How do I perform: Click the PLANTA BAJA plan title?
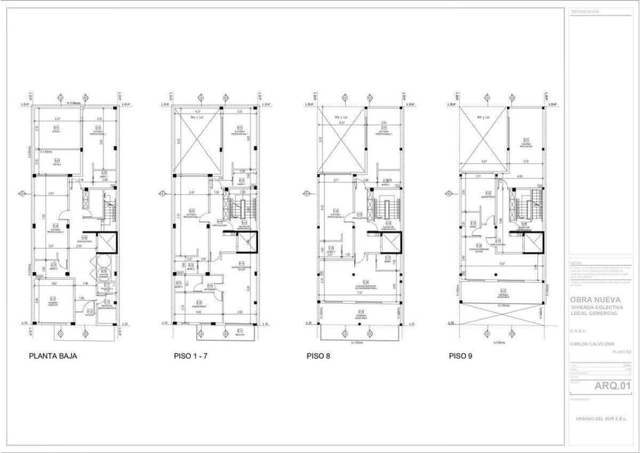53,357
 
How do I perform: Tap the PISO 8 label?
318,357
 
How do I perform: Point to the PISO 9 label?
462,357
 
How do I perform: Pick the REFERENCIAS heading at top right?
585,12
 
